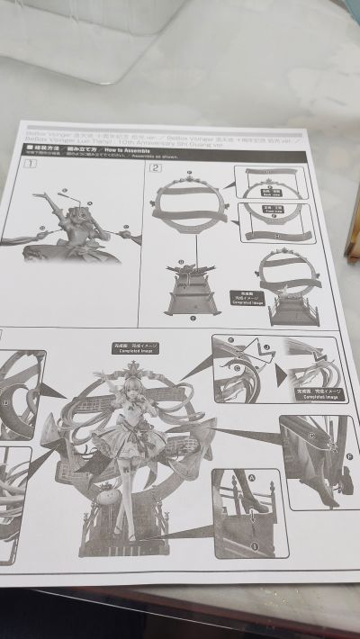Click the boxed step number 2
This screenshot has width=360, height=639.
(x=157, y=167)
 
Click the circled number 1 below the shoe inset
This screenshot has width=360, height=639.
(x=255, y=544)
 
